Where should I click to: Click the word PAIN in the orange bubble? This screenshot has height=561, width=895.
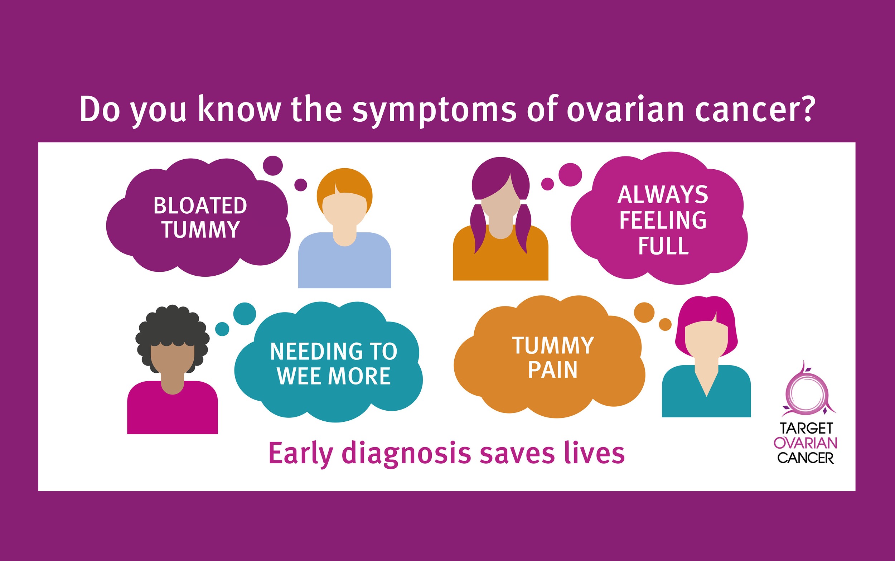(553, 369)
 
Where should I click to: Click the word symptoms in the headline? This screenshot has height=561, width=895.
(434, 111)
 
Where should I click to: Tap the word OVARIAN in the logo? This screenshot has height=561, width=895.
(805, 443)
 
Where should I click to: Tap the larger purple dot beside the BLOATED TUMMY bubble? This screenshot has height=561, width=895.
(273, 165)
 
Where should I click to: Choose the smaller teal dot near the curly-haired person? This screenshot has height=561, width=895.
(222, 329)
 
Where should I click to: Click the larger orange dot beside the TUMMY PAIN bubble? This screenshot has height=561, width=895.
(644, 313)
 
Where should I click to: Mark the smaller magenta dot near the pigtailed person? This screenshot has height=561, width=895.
(547, 184)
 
